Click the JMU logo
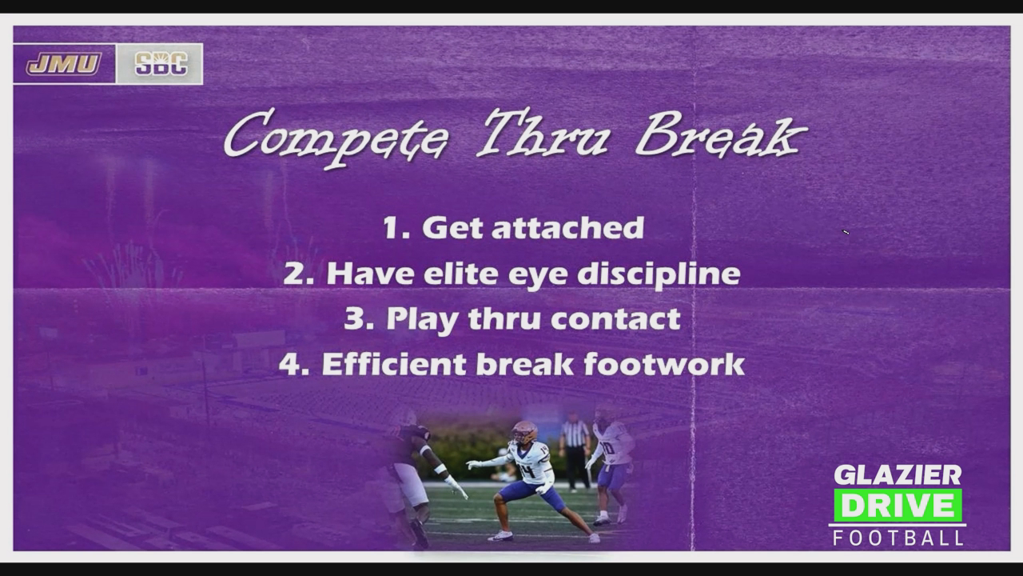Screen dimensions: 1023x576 (63, 63)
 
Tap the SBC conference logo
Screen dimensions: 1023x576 (161, 63)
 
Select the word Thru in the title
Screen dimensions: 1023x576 (543, 132)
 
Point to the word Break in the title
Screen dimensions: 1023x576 (721, 134)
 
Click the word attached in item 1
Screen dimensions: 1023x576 (567, 227)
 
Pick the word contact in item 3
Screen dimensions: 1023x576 (615, 318)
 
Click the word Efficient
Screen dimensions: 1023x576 (395, 364)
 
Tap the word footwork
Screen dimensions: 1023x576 (664, 364)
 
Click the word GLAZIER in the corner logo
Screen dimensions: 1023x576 (898, 475)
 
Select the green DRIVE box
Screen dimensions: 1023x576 (898, 506)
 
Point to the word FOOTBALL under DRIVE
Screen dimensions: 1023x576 (898, 538)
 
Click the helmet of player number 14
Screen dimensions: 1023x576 (523, 431)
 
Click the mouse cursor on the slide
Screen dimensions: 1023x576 (846, 232)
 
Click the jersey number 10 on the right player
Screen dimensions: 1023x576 (608, 448)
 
